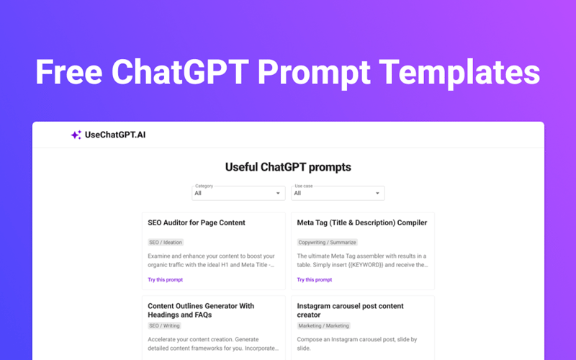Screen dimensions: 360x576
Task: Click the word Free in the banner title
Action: (x=69, y=73)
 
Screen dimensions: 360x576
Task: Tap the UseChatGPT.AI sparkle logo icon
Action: (x=76, y=135)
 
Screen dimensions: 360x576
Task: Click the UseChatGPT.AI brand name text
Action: (x=114, y=135)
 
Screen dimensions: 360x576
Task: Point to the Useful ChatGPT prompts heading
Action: (x=288, y=167)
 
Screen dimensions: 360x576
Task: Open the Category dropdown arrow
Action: (x=279, y=194)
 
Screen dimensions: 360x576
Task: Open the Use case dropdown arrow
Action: (x=377, y=194)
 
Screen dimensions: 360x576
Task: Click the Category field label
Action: (x=204, y=186)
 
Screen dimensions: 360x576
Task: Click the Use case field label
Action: (x=303, y=186)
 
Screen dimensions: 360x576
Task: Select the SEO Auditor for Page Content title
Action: (x=197, y=222)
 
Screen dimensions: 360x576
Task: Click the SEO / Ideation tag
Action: (x=166, y=243)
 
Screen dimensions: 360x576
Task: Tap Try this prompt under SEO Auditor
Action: (x=166, y=279)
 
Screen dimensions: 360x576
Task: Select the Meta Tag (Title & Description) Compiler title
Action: (x=362, y=222)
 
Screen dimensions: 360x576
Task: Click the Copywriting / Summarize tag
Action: (x=327, y=243)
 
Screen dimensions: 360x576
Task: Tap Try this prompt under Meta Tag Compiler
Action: (x=315, y=279)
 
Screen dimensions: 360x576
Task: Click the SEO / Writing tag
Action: (x=164, y=326)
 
